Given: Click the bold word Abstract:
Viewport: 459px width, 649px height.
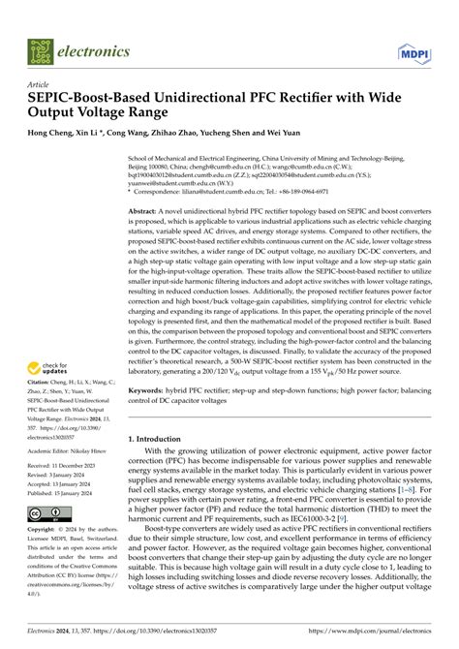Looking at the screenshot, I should pos(142,210).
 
